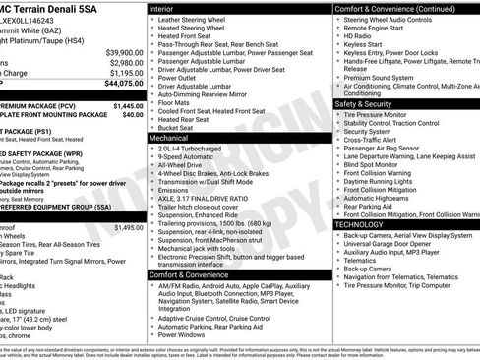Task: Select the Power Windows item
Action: tap(184, 333)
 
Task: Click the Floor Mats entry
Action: tap(178, 101)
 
